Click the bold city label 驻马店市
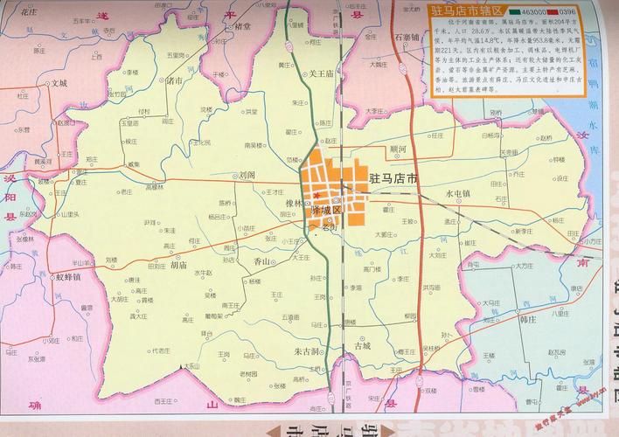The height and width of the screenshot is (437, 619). click(x=393, y=178)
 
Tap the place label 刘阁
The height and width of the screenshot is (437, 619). click(x=247, y=174)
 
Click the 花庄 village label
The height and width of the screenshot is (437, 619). click(x=30, y=14)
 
